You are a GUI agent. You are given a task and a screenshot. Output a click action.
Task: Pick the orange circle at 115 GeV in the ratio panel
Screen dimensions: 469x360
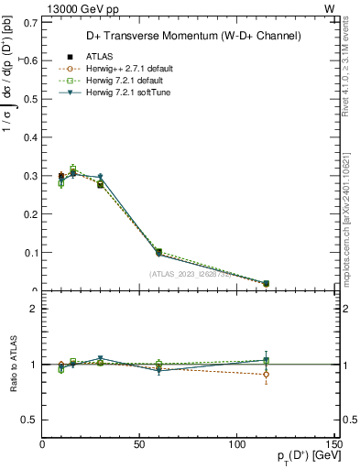point(266,374)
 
